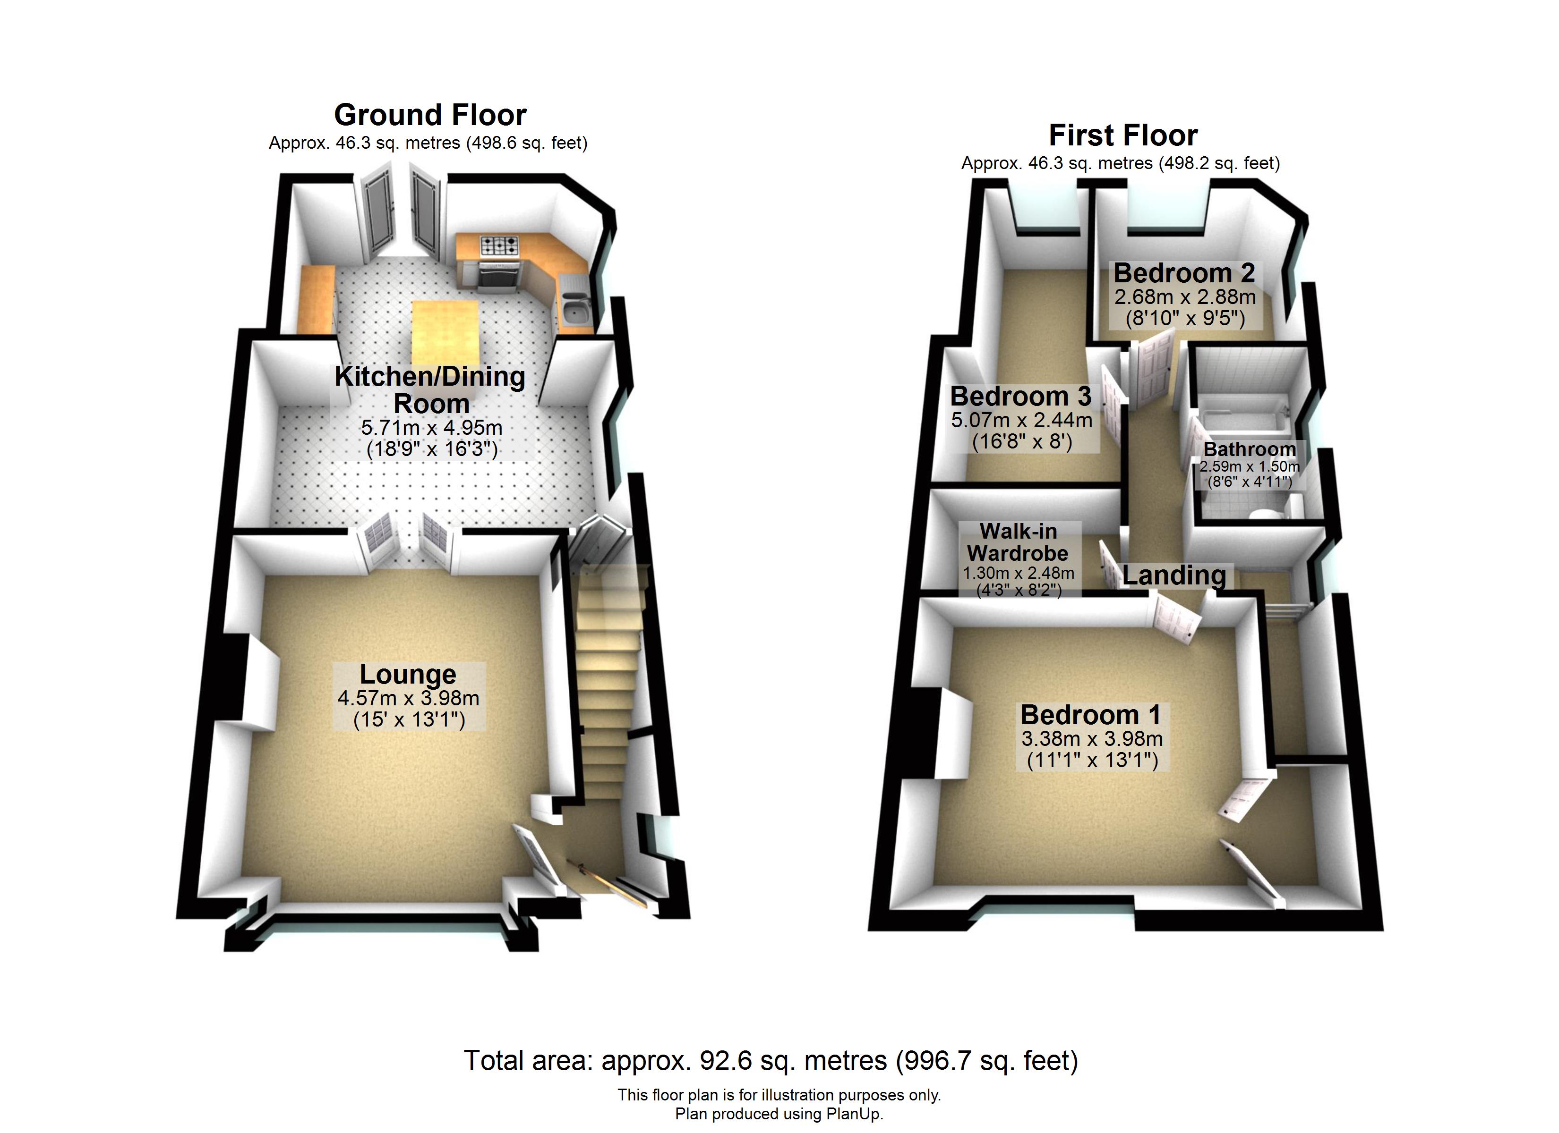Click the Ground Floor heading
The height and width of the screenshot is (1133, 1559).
pos(430,115)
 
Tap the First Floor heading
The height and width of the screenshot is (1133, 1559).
pos(1123,135)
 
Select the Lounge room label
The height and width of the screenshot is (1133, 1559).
pos(408,674)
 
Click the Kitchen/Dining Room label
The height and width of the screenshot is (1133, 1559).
pos(430,389)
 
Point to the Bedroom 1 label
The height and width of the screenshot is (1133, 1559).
pos(1091,715)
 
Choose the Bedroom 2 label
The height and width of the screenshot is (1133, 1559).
pos(1184,273)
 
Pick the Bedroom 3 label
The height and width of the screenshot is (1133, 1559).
pos(1021,397)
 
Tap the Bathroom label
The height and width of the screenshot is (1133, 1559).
pos(1250,449)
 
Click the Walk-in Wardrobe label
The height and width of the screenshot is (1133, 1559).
pos(1018,542)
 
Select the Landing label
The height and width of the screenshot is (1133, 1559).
pos(1174,575)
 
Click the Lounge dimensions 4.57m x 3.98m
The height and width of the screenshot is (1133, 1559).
pos(408,698)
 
